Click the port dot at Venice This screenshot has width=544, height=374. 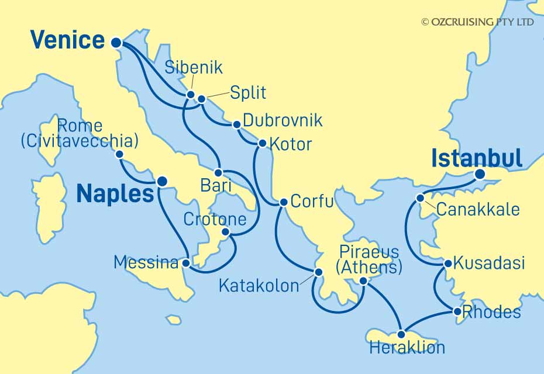click(x=115, y=42)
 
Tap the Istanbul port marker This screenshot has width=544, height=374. click(x=480, y=174)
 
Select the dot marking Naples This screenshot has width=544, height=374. click(x=161, y=181)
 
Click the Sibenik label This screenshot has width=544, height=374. click(x=194, y=67)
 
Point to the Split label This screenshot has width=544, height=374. click(x=247, y=92)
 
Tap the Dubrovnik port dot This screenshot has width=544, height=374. click(x=236, y=124)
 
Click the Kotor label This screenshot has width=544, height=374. click(x=293, y=144)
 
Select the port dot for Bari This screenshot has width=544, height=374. click(x=218, y=173)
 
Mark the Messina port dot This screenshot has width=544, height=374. click(x=186, y=263)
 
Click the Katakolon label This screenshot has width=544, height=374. click(x=258, y=286)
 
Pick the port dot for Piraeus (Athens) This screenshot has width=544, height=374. click(x=363, y=281)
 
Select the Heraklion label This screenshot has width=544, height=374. click(x=407, y=349)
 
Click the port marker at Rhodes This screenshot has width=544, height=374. click(x=457, y=312)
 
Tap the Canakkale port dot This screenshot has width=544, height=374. click(x=420, y=198)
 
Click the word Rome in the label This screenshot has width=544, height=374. click(x=81, y=126)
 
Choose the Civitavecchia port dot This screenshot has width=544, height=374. click(x=119, y=154)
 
